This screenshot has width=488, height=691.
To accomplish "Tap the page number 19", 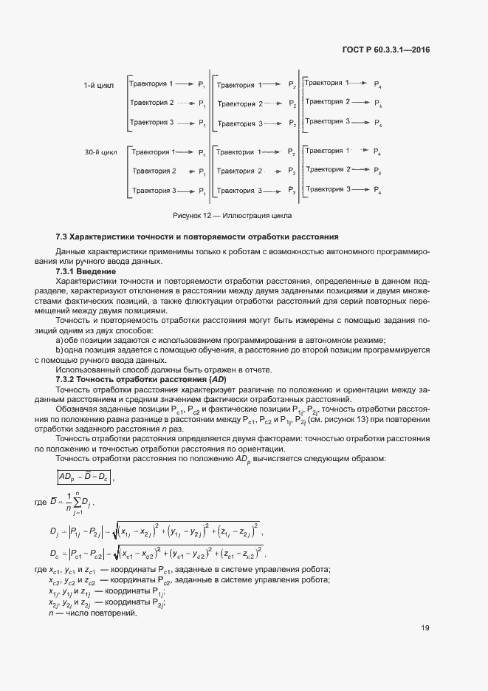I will [x=425, y=628].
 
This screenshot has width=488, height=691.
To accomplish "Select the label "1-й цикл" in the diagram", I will [x=98, y=86].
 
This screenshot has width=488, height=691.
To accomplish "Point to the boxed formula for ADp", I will [x=84, y=478].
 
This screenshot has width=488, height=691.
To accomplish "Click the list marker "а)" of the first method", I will [x=60, y=340].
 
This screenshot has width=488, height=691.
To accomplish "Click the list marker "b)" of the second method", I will [x=60, y=350].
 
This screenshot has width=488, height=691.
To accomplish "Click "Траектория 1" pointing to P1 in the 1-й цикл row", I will [x=151, y=84].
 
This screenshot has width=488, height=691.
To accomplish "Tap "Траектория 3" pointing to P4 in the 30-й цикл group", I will [x=327, y=189].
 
